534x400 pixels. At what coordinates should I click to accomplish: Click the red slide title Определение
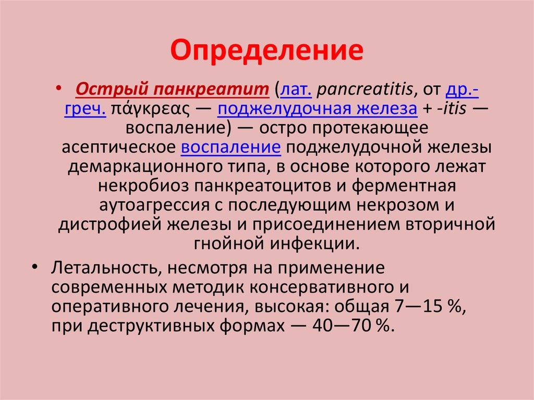point(266,51)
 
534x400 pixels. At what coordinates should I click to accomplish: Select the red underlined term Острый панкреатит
point(172,90)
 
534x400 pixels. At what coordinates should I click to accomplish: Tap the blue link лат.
point(297,90)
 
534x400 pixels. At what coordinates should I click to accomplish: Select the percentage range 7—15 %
point(428,306)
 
